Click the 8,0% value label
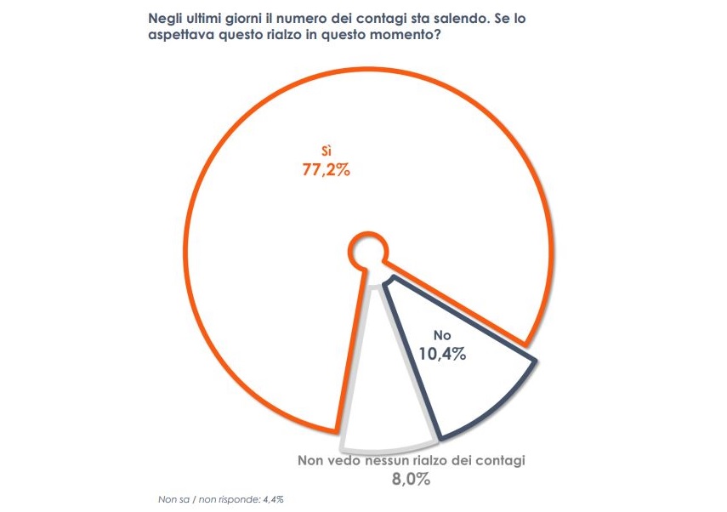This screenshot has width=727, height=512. pos(411,481)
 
